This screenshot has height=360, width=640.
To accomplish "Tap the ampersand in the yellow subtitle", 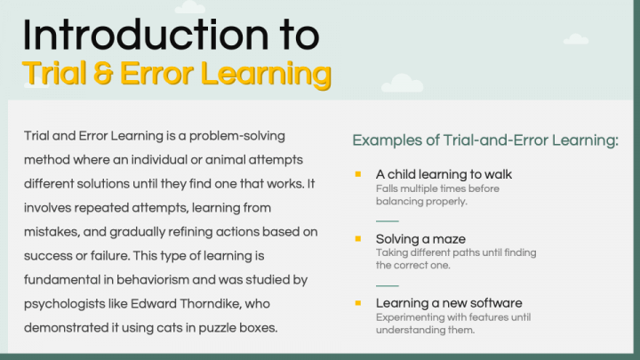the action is point(103,74).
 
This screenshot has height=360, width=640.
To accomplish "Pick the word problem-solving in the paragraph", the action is point(237,136).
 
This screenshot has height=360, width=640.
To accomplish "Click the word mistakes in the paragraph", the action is point(51,232).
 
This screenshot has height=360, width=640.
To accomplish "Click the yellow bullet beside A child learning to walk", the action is point(358,174).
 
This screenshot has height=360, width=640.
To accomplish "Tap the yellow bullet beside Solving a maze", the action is point(358,239).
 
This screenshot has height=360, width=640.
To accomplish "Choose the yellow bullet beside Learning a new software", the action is point(358,303).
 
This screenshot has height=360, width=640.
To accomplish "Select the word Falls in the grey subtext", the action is point(386,188).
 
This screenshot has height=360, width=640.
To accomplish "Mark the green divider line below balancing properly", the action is point(387,221).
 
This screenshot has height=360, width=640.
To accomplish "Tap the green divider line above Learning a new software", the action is point(387,285).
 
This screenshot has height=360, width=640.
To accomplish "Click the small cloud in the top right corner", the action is point(576,39).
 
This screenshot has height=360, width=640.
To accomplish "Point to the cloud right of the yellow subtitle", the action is point(402,83).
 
